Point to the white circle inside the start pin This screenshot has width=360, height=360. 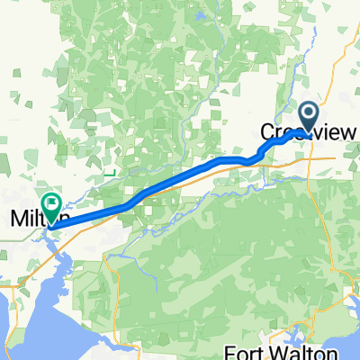(x=308, y=112)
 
